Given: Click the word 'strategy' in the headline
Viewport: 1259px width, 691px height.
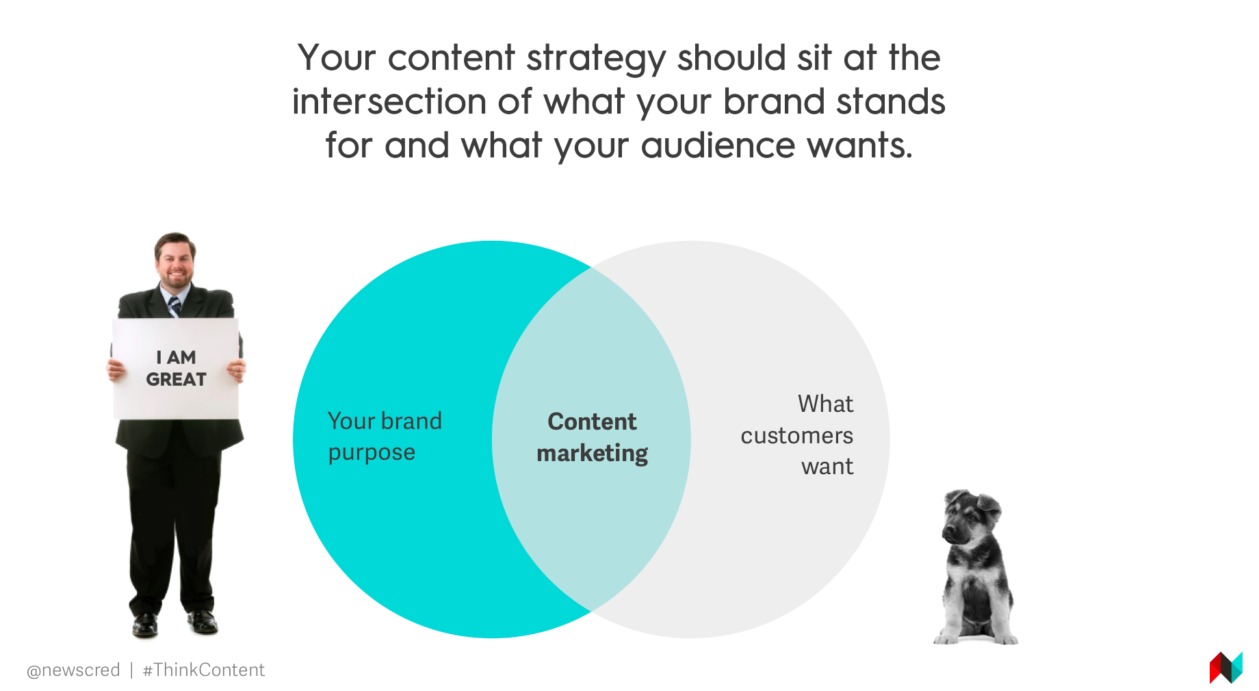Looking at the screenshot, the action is coord(597,60).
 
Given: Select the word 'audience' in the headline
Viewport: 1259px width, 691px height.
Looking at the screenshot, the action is coord(718,145).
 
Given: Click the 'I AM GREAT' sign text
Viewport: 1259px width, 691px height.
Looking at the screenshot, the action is coord(176,368).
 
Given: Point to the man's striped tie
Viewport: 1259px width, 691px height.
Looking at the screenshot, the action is coord(175,306).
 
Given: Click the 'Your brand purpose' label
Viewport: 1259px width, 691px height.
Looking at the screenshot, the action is coord(385,436).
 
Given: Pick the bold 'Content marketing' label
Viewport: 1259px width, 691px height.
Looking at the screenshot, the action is coord(592,437).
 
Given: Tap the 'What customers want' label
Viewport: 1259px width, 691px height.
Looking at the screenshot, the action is coord(797,435).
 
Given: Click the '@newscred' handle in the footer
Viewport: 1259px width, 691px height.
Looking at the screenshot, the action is coord(73,670).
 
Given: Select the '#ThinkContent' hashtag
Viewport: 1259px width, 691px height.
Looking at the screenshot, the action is coord(203,670).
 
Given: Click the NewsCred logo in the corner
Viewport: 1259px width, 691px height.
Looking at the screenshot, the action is coord(1225,668).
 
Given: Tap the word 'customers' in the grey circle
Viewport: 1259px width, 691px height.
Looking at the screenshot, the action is coord(797,436).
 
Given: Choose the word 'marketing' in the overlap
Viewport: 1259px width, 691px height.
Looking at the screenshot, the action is coord(592,454).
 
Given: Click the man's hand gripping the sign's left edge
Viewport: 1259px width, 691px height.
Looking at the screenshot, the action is coord(116,369).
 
